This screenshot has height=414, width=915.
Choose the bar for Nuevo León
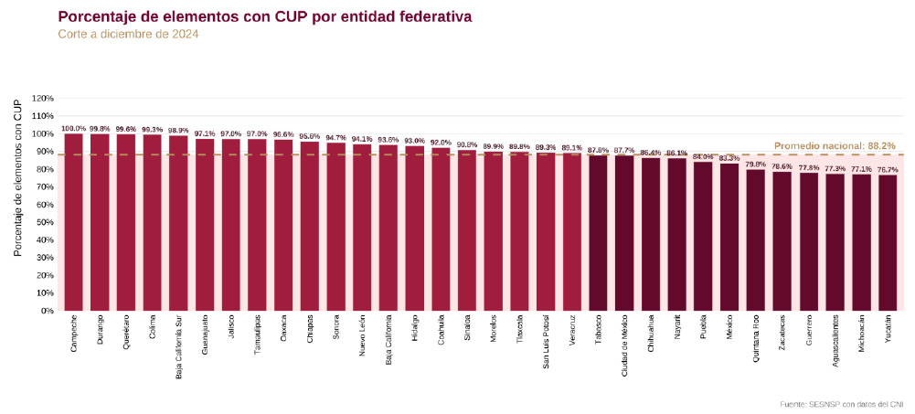point(362,228)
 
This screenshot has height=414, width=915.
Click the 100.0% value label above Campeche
point(74,129)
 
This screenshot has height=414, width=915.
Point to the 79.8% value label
point(756,165)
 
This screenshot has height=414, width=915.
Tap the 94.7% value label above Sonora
point(335,138)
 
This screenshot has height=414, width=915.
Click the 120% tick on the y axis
point(43,98)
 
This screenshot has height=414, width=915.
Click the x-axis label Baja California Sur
point(179,346)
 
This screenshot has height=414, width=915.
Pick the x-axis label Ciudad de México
point(624,345)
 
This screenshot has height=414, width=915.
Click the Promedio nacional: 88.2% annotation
point(835,145)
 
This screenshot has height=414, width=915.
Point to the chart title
point(265,16)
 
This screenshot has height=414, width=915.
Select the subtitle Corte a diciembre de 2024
point(128,34)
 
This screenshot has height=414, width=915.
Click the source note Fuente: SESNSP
point(842,404)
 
